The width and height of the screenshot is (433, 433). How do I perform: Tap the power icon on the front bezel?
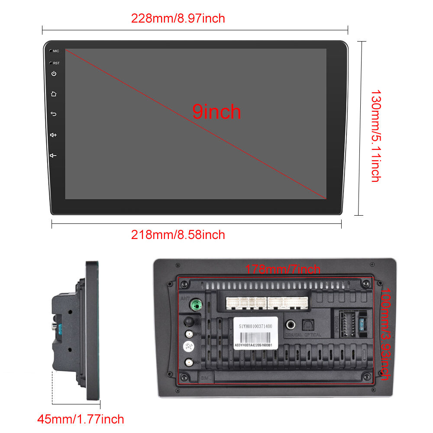point(54,74)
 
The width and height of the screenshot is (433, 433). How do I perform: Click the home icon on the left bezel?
point(54,94)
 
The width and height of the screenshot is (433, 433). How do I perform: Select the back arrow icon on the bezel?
point(54,114)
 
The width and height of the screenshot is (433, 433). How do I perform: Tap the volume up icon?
point(54,135)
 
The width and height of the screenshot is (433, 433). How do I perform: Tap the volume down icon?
point(54,155)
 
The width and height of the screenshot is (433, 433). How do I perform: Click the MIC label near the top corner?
point(56,51)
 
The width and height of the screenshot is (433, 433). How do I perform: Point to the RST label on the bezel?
point(56,63)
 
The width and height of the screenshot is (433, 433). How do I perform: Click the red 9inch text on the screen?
point(216,112)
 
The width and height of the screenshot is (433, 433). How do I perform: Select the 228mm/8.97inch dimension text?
point(178,19)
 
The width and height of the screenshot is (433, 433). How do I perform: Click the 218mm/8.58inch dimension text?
point(178,235)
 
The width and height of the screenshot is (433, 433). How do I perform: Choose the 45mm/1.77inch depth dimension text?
point(81,419)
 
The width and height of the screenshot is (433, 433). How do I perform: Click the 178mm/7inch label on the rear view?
point(283,269)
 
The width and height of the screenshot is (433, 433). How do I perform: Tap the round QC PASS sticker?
point(189,347)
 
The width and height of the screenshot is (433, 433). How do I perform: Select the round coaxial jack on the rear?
point(289,324)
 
